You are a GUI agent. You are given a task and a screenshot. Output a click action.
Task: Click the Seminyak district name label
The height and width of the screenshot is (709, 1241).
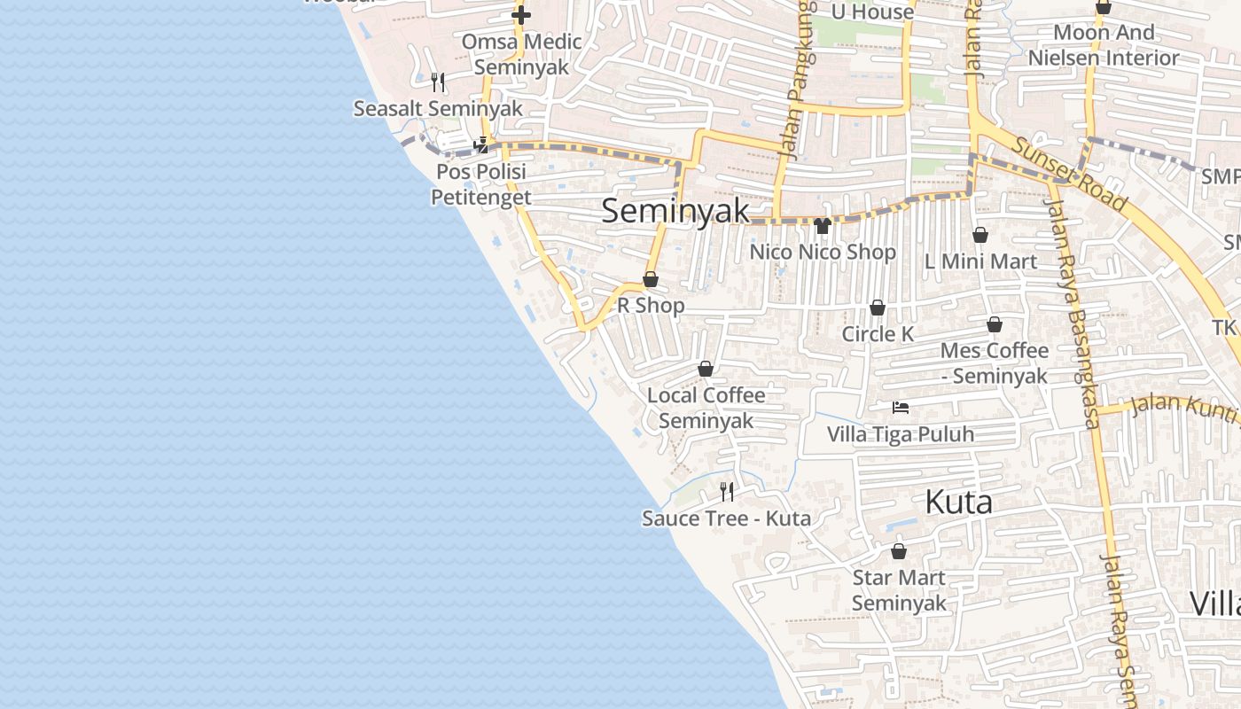[x=675, y=212]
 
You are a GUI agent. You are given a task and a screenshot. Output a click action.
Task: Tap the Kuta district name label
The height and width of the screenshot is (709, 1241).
[x=958, y=503]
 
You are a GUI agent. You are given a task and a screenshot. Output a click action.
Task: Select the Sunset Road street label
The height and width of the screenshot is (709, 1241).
[x=1070, y=175]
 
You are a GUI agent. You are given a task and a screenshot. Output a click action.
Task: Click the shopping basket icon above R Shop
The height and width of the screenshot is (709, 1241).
[x=651, y=280]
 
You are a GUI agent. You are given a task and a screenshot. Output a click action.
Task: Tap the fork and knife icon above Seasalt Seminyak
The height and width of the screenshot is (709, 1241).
[x=437, y=82]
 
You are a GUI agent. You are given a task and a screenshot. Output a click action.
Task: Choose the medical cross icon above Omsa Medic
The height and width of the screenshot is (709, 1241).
[x=521, y=15]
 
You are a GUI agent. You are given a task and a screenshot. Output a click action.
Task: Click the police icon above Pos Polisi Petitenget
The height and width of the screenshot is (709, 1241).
[x=481, y=145]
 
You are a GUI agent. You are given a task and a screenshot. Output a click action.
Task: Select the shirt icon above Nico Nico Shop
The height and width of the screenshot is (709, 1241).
[x=823, y=226]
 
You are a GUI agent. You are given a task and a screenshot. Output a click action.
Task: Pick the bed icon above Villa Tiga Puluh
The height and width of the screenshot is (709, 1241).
[x=901, y=408]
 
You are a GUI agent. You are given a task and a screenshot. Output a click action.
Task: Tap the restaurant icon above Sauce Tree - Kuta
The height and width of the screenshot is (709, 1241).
[x=727, y=492]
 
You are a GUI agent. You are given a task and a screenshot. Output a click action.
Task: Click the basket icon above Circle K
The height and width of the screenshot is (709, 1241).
[x=878, y=308]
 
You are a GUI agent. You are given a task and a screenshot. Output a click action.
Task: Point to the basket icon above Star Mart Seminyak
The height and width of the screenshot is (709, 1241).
[x=899, y=551]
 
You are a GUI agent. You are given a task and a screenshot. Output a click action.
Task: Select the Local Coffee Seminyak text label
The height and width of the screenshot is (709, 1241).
[x=706, y=408]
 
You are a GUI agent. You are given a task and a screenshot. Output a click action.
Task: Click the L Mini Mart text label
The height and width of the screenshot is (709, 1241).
[x=980, y=261]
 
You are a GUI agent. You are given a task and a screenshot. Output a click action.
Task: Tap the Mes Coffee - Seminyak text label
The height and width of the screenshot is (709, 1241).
[x=995, y=363]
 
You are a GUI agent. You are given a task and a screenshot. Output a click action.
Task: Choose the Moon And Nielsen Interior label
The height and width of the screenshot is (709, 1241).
[x=1104, y=45]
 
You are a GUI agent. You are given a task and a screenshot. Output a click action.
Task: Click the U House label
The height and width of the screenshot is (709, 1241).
[x=872, y=12]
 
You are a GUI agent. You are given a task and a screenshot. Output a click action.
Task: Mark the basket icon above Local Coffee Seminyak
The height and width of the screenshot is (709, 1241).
[x=706, y=369]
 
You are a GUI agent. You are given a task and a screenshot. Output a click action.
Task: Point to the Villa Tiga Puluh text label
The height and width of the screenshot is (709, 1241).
[x=901, y=434]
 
